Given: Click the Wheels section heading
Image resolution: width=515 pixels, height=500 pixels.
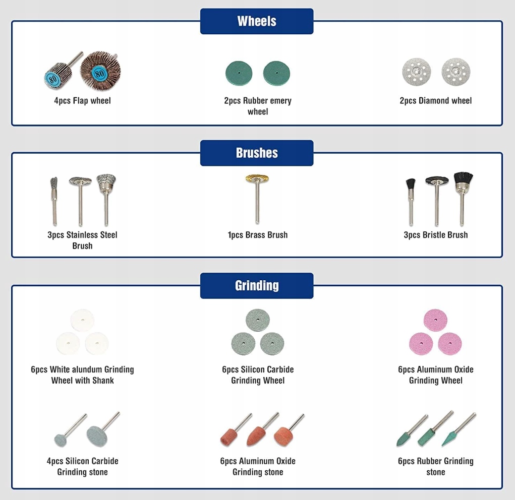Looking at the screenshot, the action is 257,21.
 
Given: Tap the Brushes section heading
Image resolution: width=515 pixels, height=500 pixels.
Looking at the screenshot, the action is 257,153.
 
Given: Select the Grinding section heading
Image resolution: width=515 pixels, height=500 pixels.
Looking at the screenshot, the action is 257,286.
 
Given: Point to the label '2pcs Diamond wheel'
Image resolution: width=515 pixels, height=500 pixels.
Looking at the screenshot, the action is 435,101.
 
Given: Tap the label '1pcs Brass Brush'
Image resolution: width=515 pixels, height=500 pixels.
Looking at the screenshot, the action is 257,235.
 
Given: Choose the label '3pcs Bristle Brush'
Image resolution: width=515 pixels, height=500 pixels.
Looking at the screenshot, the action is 435,235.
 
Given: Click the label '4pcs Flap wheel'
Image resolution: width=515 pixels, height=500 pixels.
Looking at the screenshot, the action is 82,101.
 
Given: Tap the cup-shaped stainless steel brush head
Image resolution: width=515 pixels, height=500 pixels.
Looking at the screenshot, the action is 106,182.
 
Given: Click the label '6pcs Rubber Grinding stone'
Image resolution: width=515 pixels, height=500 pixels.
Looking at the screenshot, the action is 435,466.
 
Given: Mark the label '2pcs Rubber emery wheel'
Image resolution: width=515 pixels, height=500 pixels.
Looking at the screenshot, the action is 258,106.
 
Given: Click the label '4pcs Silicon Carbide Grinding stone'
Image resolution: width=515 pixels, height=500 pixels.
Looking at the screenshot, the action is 82,466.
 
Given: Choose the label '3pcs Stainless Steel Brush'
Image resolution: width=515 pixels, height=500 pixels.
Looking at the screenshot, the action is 82,240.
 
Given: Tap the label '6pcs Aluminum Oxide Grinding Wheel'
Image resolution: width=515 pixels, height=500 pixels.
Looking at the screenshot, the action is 435,375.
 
